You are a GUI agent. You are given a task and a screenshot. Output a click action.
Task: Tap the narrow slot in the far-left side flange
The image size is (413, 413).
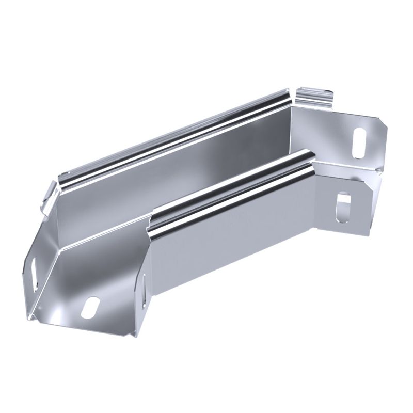[x=34, y=271]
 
